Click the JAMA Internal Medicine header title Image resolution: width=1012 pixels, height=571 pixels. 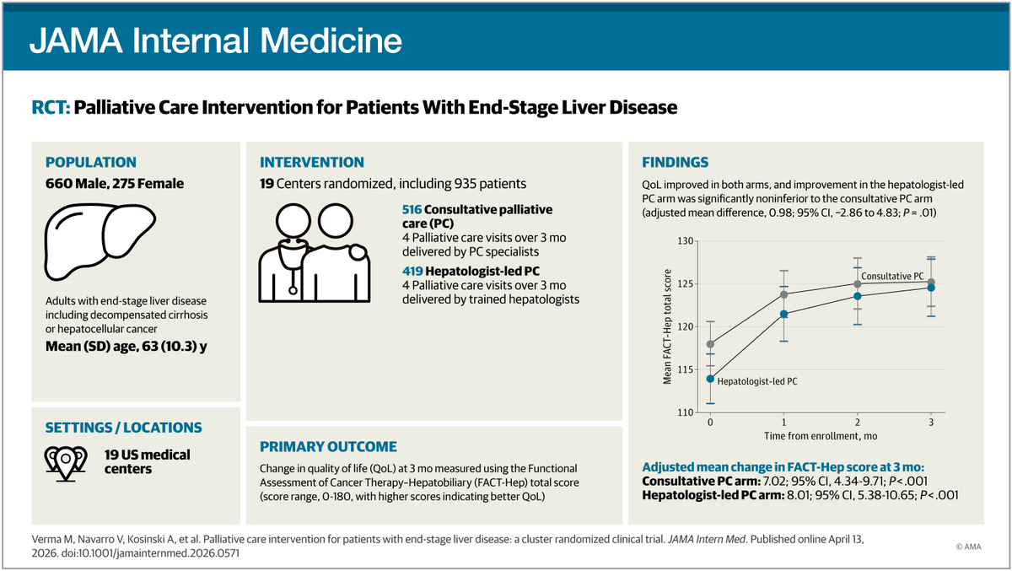click(216, 41)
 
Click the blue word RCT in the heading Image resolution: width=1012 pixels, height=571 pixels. click(49, 108)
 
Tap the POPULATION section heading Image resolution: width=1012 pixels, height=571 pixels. click(90, 162)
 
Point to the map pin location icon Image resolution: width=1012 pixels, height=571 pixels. click(62, 461)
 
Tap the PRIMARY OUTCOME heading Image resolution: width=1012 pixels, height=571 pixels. click(328, 446)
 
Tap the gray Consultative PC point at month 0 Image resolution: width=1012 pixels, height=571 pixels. click(710, 344)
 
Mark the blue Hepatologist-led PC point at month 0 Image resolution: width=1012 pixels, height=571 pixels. click(710, 379)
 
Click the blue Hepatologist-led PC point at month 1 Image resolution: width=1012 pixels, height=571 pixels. click(783, 314)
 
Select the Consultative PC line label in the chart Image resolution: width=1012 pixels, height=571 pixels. click(892, 276)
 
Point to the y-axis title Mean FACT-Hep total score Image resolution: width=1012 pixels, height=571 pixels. click(667, 327)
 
